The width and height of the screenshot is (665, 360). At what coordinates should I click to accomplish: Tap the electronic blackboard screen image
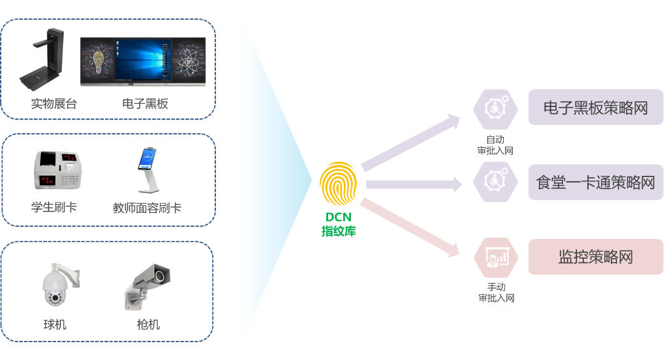click(143, 60)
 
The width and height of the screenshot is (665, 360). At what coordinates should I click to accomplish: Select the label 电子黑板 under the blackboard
click(145, 103)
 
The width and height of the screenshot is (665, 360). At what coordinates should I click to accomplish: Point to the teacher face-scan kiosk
click(147, 170)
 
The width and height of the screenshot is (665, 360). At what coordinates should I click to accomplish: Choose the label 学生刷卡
click(54, 207)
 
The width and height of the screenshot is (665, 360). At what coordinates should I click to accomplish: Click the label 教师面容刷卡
click(147, 208)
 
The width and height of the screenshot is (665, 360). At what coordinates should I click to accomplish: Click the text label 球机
click(55, 325)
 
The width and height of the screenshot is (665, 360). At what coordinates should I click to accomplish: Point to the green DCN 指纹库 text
click(338, 224)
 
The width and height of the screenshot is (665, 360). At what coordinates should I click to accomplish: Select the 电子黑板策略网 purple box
click(596, 108)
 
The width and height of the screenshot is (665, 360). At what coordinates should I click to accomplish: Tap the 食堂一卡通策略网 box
click(596, 183)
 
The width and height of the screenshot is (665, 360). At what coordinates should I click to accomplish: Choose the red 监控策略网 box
click(596, 257)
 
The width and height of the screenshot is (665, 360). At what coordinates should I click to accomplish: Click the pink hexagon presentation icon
click(494, 257)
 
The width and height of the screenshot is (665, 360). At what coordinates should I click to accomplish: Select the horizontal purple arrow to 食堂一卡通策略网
click(414, 185)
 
